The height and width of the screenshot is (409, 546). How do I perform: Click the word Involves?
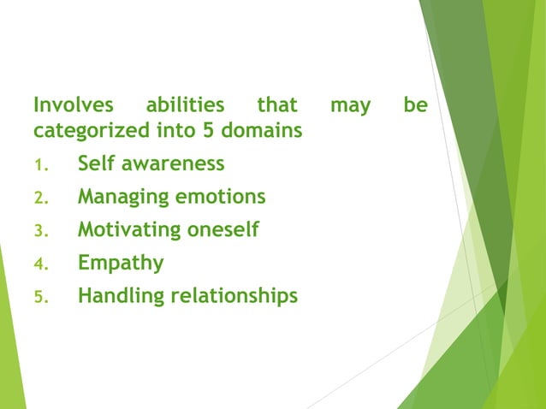pos(73,106)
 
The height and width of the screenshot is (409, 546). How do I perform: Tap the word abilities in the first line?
pos(185,106)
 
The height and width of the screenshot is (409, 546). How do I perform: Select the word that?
pos(277,106)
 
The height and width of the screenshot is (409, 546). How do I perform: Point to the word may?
pos(351,106)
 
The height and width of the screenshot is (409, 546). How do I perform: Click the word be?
pos(416,106)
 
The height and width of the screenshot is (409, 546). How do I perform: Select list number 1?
pos(38,165)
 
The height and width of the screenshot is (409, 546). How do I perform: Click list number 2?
pos(38,199)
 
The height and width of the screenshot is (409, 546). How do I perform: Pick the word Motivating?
pos(125,230)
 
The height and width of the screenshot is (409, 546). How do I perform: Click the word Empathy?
pos(121,264)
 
